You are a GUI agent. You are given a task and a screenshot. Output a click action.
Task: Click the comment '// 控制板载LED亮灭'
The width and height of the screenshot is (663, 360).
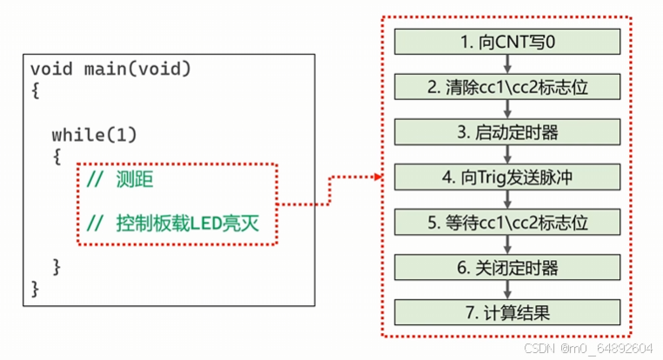click(x=173, y=223)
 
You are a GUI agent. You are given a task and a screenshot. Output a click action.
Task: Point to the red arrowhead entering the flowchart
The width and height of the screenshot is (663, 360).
click(x=377, y=178)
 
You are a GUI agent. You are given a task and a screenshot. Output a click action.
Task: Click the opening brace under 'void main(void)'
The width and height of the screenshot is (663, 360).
click(x=35, y=90)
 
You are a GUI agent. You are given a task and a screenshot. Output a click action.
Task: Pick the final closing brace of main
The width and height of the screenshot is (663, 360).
click(x=35, y=286)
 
